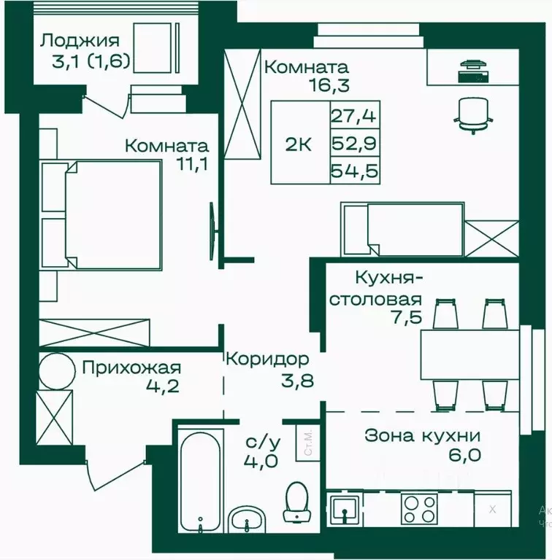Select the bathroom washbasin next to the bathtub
click(248, 520)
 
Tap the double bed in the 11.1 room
click(110, 215)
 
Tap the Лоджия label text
click(80, 40)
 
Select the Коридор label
click(267, 359)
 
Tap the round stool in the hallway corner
click(56, 370)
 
